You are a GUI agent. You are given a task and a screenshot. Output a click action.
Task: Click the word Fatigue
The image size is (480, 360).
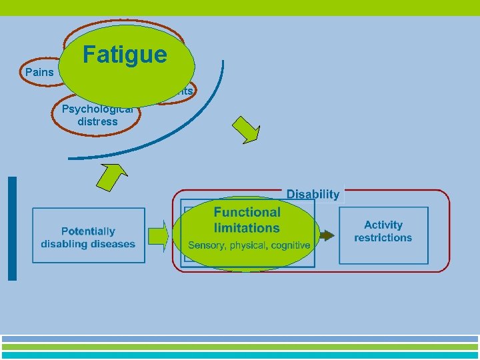click(125, 54)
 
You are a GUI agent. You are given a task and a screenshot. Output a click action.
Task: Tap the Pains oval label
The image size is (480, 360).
click(38, 72)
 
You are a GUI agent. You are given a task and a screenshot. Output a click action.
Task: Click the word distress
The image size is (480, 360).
click(97, 121)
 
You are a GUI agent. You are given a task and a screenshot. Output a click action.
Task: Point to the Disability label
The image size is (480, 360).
click(313, 195)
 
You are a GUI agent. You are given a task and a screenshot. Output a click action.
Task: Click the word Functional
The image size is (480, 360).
click(247, 212)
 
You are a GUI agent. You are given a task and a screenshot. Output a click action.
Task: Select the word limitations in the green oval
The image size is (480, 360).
click(247, 228)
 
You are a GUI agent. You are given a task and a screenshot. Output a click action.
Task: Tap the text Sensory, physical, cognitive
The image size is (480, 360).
click(249, 245)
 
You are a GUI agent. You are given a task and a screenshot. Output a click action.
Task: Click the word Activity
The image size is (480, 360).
click(383, 225)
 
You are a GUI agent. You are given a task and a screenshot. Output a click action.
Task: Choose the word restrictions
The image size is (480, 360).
click(383, 237)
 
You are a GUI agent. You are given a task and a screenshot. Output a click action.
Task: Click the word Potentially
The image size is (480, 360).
click(88, 231)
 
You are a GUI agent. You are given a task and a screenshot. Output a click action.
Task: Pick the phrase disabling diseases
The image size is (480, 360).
click(88, 243)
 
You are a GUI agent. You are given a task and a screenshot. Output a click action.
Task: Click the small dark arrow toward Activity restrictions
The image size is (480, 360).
click(326, 235)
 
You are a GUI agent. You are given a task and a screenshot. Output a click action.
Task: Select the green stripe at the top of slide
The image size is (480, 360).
click(240, 7)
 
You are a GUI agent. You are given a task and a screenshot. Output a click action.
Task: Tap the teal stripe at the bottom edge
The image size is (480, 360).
click(240, 356)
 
